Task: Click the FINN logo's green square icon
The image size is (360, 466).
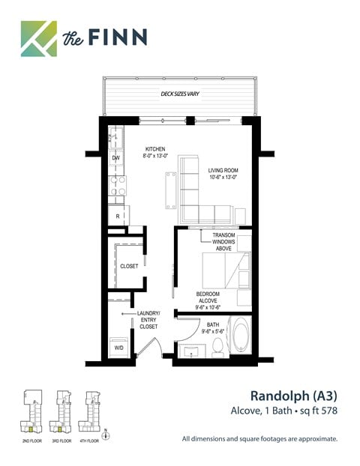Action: click(38, 38)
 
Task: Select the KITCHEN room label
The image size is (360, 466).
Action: click(155, 153)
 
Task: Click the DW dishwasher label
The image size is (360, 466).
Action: click(116, 158)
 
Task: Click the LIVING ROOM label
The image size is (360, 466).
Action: click(223, 174)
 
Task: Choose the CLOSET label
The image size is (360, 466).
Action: click(129, 266)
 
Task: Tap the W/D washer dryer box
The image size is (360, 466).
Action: click(118, 348)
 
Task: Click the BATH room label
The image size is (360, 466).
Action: click(211, 329)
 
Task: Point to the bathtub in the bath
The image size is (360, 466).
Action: click(242, 337)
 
